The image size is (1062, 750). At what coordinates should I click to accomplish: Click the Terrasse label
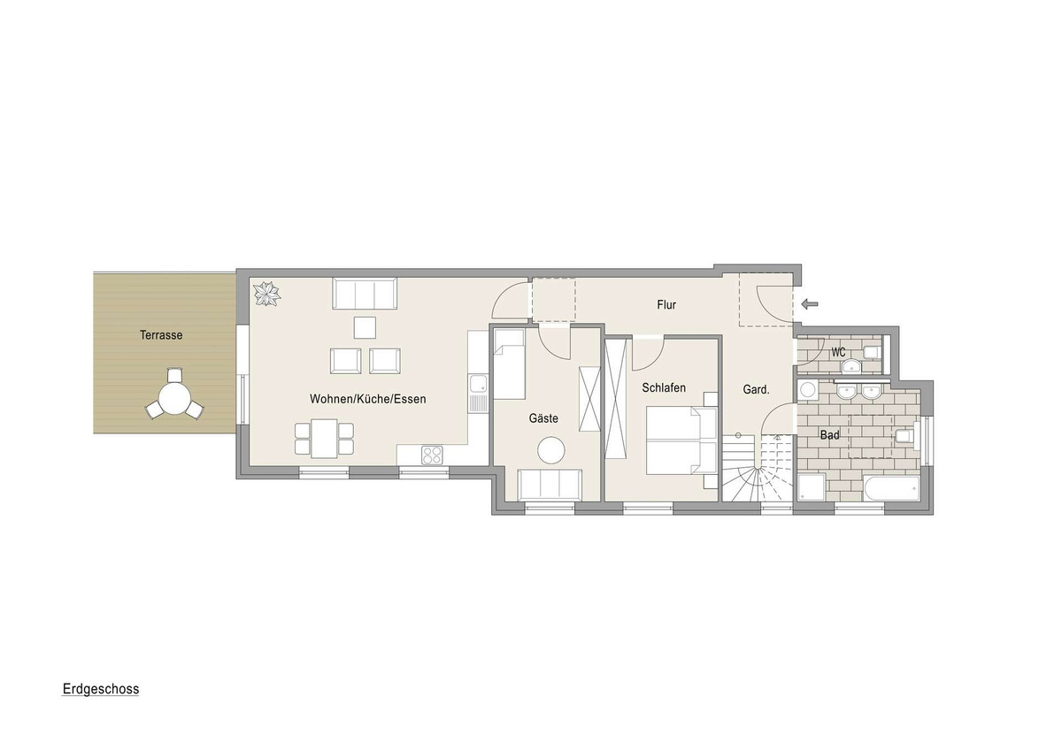point(161,335)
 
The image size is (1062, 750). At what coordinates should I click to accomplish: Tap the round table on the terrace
point(174,397)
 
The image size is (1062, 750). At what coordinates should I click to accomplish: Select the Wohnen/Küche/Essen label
point(368,399)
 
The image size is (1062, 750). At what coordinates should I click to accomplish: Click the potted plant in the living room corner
point(267,294)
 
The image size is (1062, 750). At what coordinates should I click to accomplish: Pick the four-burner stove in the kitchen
point(432,455)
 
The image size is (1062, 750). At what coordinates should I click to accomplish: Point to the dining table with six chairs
point(324,439)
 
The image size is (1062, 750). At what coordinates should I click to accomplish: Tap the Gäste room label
point(543,418)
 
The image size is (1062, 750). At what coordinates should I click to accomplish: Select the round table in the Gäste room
point(550,449)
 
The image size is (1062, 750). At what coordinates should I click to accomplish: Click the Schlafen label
point(664,387)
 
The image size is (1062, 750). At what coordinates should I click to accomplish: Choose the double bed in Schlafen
point(681,440)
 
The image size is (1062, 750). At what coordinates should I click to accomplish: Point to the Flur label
point(666,304)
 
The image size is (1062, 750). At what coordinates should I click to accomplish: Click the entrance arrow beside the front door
point(809,303)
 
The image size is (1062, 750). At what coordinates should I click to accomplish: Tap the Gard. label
point(756,389)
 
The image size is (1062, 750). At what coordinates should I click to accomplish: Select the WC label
point(838,353)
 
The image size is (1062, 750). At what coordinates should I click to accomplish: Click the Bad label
point(830,434)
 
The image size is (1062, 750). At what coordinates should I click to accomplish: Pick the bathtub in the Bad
point(892,488)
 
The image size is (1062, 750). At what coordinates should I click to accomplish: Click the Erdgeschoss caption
point(101,689)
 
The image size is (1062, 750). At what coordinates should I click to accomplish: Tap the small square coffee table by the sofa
point(365,328)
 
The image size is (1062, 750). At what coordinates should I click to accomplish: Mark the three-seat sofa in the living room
point(365,294)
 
